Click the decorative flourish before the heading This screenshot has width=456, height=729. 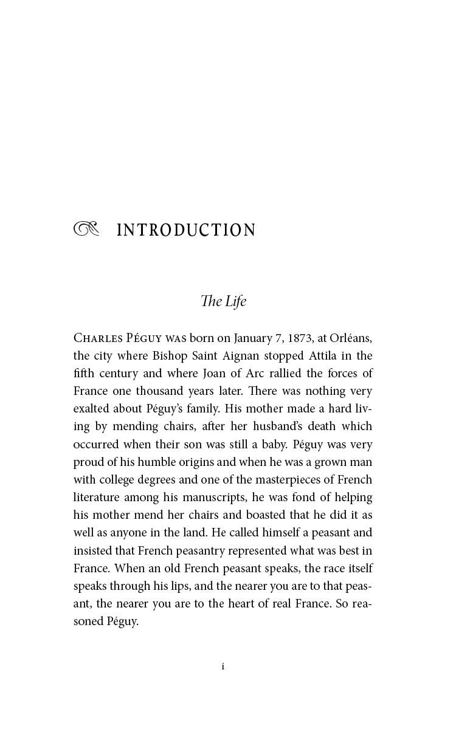[85, 229]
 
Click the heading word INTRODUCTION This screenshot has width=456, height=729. [186, 230]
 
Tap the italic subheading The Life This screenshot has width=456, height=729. [223, 301]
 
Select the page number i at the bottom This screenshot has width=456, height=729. [223, 666]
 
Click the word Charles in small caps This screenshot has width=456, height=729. [96, 338]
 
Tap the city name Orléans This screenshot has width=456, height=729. [351, 338]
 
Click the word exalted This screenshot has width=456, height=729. [94, 409]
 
